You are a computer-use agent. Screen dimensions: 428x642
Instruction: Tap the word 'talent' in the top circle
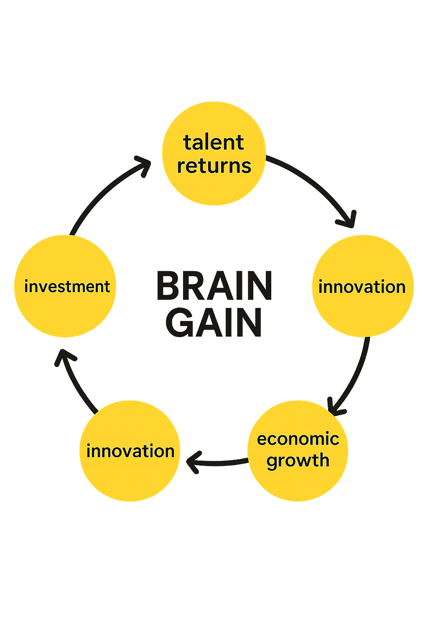pos(214,143)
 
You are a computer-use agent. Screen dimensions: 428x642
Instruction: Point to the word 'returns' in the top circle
pos(214,166)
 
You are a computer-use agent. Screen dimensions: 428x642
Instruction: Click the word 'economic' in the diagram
pos(298,439)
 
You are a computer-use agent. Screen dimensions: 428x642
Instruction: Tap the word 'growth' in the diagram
pos(298,461)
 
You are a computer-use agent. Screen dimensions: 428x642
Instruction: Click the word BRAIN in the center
pos(214,286)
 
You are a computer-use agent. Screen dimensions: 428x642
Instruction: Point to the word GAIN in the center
pos(214,323)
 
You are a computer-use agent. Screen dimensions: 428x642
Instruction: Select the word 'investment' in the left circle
pos(67,287)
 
